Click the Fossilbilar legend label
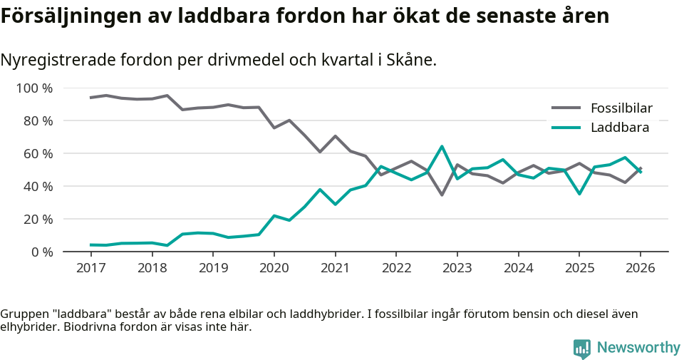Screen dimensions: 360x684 (621, 108)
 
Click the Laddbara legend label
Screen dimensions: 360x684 (619, 128)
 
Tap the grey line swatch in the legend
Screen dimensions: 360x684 (567, 108)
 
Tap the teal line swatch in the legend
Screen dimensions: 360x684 (567, 128)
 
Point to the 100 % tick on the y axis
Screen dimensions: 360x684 (34, 88)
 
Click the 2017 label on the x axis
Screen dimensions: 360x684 (90, 268)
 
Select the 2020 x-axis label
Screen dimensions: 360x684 (274, 268)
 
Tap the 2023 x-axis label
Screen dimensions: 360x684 (457, 268)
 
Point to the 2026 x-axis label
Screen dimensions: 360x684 (640, 268)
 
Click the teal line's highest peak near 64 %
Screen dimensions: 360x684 (442, 147)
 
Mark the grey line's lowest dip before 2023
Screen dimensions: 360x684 (442, 195)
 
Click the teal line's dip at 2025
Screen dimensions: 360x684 (579, 194)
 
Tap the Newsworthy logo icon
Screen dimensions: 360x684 (582, 348)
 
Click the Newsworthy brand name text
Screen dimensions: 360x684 (638, 348)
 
